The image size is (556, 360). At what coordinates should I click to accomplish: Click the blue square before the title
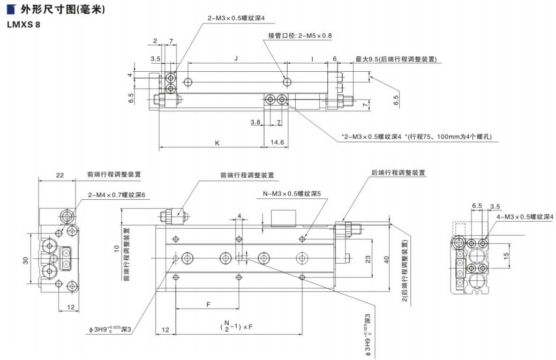point(10,10)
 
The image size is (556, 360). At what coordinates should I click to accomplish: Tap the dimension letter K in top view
point(217,143)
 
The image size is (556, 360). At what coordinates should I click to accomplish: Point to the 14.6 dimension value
point(277,143)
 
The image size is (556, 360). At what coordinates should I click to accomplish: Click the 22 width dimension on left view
point(59,175)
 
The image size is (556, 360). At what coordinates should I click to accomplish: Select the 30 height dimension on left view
point(25,260)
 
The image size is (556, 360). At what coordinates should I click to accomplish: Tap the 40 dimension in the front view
point(386,259)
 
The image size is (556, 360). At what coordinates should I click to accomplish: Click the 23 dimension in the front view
point(368,259)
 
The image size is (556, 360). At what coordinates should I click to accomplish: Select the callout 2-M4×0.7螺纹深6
point(117,194)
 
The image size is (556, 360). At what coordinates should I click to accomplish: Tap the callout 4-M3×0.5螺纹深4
point(524,216)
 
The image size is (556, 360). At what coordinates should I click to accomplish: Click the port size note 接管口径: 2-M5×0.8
point(300,36)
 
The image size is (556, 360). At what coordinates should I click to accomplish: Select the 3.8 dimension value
point(256,122)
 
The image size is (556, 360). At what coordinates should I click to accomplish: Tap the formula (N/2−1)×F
point(236,326)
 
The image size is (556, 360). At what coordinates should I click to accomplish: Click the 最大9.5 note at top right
point(396,58)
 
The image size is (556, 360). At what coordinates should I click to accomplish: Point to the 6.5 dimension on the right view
point(477,205)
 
